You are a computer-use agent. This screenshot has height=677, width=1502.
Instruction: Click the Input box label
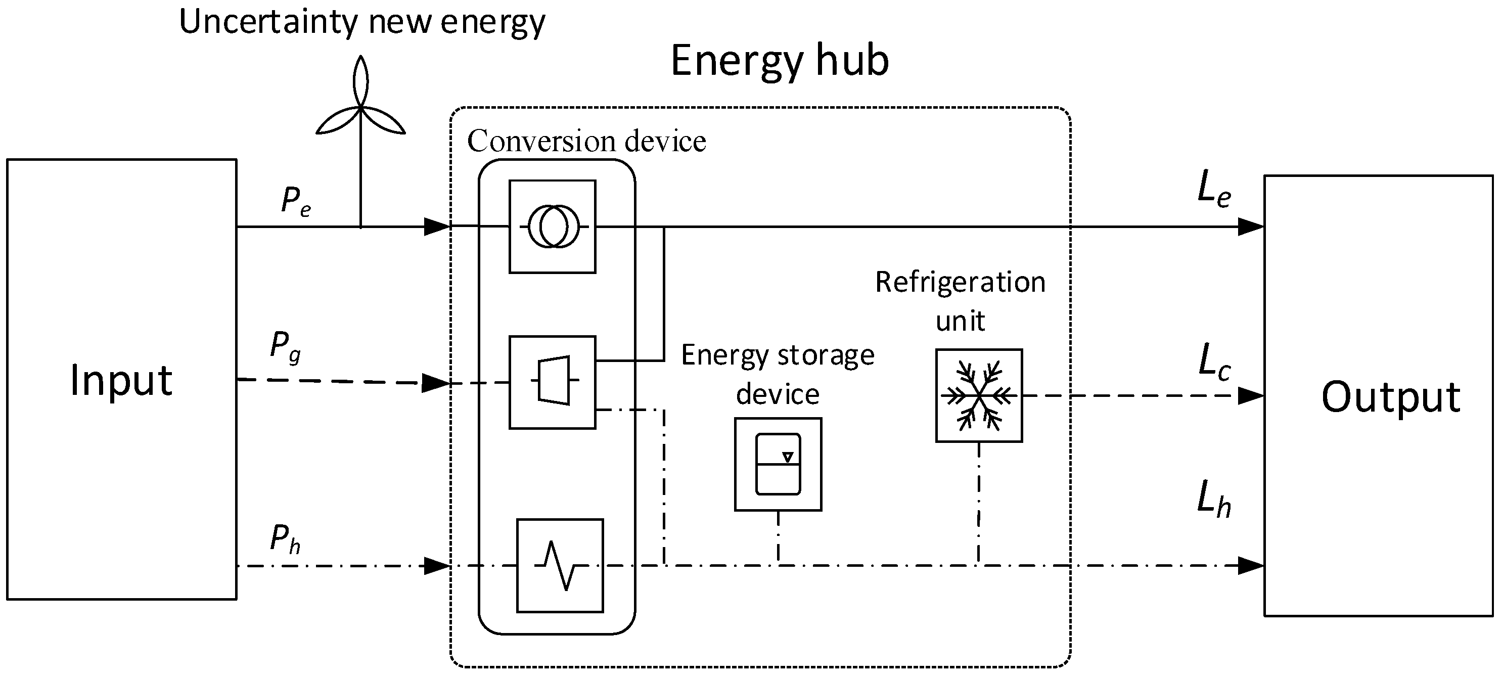tap(121, 380)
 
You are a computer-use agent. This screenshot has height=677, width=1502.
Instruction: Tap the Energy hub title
tap(780, 60)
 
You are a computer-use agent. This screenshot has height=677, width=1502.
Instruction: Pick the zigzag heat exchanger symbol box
tap(560, 565)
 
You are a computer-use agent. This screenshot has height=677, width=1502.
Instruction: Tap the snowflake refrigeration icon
tap(978, 395)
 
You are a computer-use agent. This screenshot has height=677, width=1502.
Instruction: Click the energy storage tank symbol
tap(778, 464)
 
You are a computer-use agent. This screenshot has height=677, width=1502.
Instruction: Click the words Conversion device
tap(586, 141)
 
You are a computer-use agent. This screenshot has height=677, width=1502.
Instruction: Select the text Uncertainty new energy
tap(361, 22)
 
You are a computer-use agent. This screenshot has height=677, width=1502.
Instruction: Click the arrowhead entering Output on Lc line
tap(1250, 396)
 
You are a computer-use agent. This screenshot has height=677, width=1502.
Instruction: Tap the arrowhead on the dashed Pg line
tap(436, 383)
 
